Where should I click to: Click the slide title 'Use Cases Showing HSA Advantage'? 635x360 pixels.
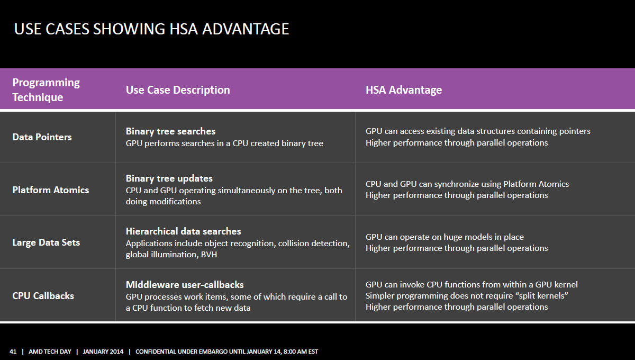coord(151,29)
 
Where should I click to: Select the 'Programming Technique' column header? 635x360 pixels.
coord(46,90)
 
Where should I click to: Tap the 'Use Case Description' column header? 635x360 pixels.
coord(178,90)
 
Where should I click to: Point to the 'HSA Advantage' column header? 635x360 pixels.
coord(404,90)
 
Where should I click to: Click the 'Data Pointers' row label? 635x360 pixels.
coord(42,137)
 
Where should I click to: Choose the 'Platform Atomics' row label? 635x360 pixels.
coord(50,190)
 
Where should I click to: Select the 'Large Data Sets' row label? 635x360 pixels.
coord(46,242)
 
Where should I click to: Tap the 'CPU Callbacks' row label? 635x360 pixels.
coord(43,296)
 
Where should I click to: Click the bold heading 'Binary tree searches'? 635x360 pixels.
coord(170,131)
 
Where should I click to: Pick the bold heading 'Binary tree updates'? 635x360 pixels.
coord(169,178)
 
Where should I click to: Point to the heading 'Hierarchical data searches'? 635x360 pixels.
coord(183,231)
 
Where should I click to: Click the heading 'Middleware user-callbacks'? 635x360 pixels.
coord(185,284)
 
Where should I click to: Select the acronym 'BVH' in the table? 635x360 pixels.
coord(209,255)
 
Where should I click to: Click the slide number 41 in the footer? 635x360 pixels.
coord(13,352)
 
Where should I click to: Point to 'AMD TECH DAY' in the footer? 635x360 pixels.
coord(50,352)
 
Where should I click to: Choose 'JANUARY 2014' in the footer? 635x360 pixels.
coord(103,352)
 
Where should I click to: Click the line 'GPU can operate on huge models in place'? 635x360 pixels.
coord(444,237)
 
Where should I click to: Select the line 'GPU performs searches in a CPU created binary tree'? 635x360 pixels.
coord(224,143)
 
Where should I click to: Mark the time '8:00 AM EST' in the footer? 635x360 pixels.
coord(301,352)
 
